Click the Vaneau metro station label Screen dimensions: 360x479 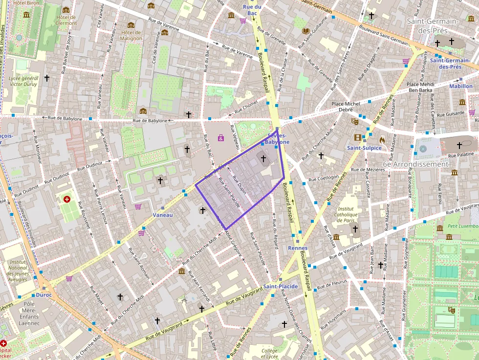pyautogui.click(x=163, y=215)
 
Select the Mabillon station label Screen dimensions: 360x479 pyautogui.click(x=460, y=86)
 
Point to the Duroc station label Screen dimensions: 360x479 pyautogui.click(x=44, y=295)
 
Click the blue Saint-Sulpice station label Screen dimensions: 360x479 pyautogui.click(x=364, y=148)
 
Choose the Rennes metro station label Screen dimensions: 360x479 pyautogui.click(x=298, y=248)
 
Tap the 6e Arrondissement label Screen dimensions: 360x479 pyautogui.click(x=415, y=164)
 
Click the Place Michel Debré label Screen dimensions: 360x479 pyautogui.click(x=346, y=107)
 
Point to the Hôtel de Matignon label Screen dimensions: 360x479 pyautogui.click(x=131, y=35)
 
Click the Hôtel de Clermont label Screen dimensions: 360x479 pyautogui.click(x=66, y=20)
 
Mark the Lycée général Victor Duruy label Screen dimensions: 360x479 pyautogui.click(x=23, y=81)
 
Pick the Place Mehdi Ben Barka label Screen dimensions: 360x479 pyautogui.click(x=420, y=87)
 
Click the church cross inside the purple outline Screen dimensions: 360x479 pyautogui.click(x=263, y=158)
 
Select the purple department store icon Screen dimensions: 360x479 pyautogui.click(x=221, y=138)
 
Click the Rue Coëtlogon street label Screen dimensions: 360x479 pyautogui.click(x=323, y=178)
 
